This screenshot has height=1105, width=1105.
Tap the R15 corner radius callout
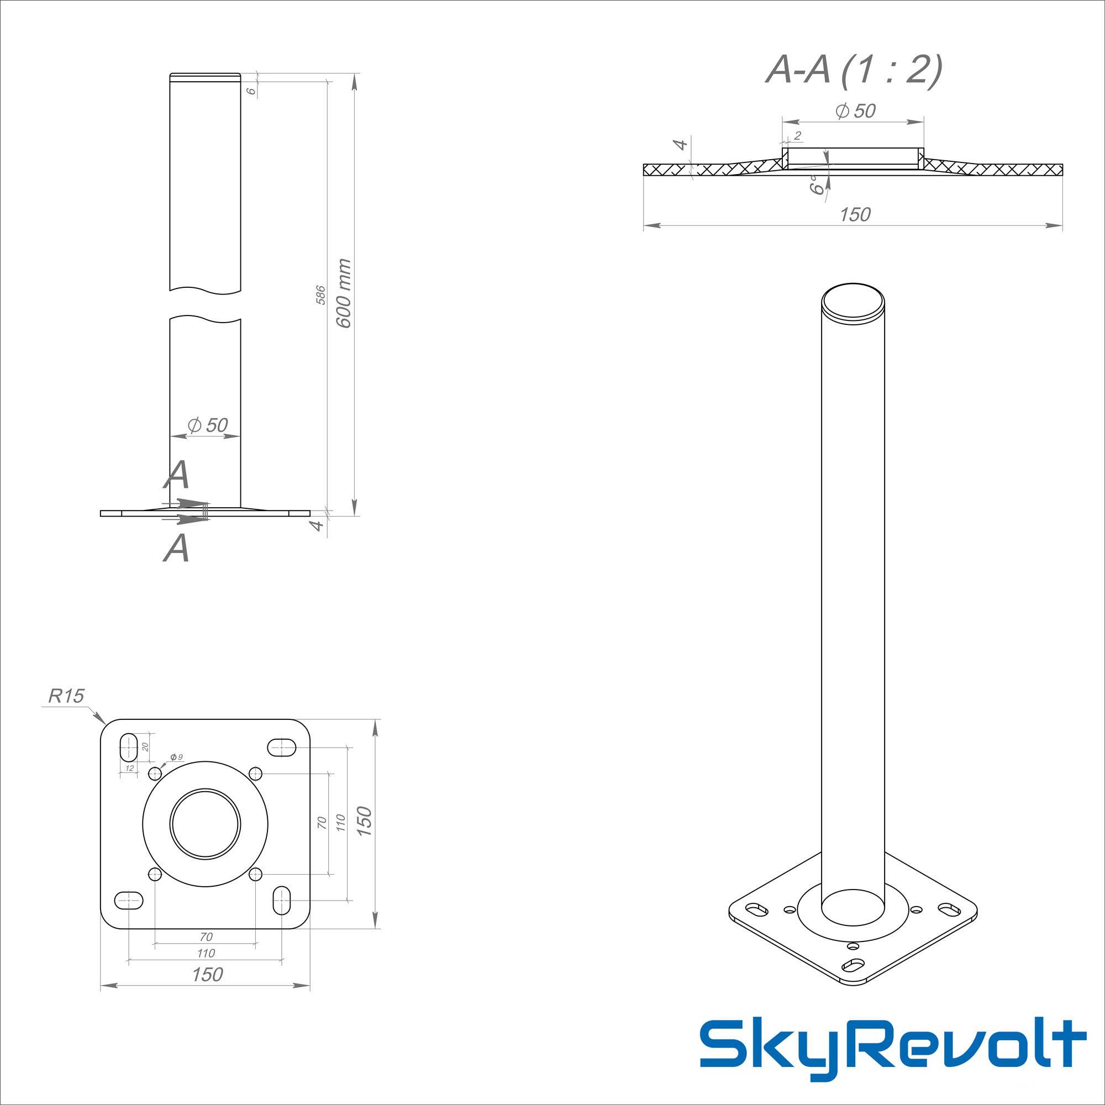[66, 696]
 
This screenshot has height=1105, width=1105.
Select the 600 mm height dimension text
[344, 293]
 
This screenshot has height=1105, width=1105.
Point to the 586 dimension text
[321, 294]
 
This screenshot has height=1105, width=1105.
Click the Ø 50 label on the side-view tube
[208, 425]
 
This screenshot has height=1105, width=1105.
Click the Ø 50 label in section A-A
[855, 110]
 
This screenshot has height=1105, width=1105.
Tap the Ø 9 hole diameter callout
[176, 757]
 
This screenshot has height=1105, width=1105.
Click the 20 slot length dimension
[145, 746]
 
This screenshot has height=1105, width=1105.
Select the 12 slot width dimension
[129, 768]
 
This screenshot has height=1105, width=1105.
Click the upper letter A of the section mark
[177, 475]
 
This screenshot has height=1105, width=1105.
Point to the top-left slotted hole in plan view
[129, 746]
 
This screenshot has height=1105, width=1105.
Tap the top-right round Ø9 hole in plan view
[256, 774]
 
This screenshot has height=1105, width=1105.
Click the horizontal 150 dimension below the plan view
[207, 974]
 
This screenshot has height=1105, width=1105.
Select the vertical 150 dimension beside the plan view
[364, 822]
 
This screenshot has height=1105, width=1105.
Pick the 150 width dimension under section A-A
[855, 214]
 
